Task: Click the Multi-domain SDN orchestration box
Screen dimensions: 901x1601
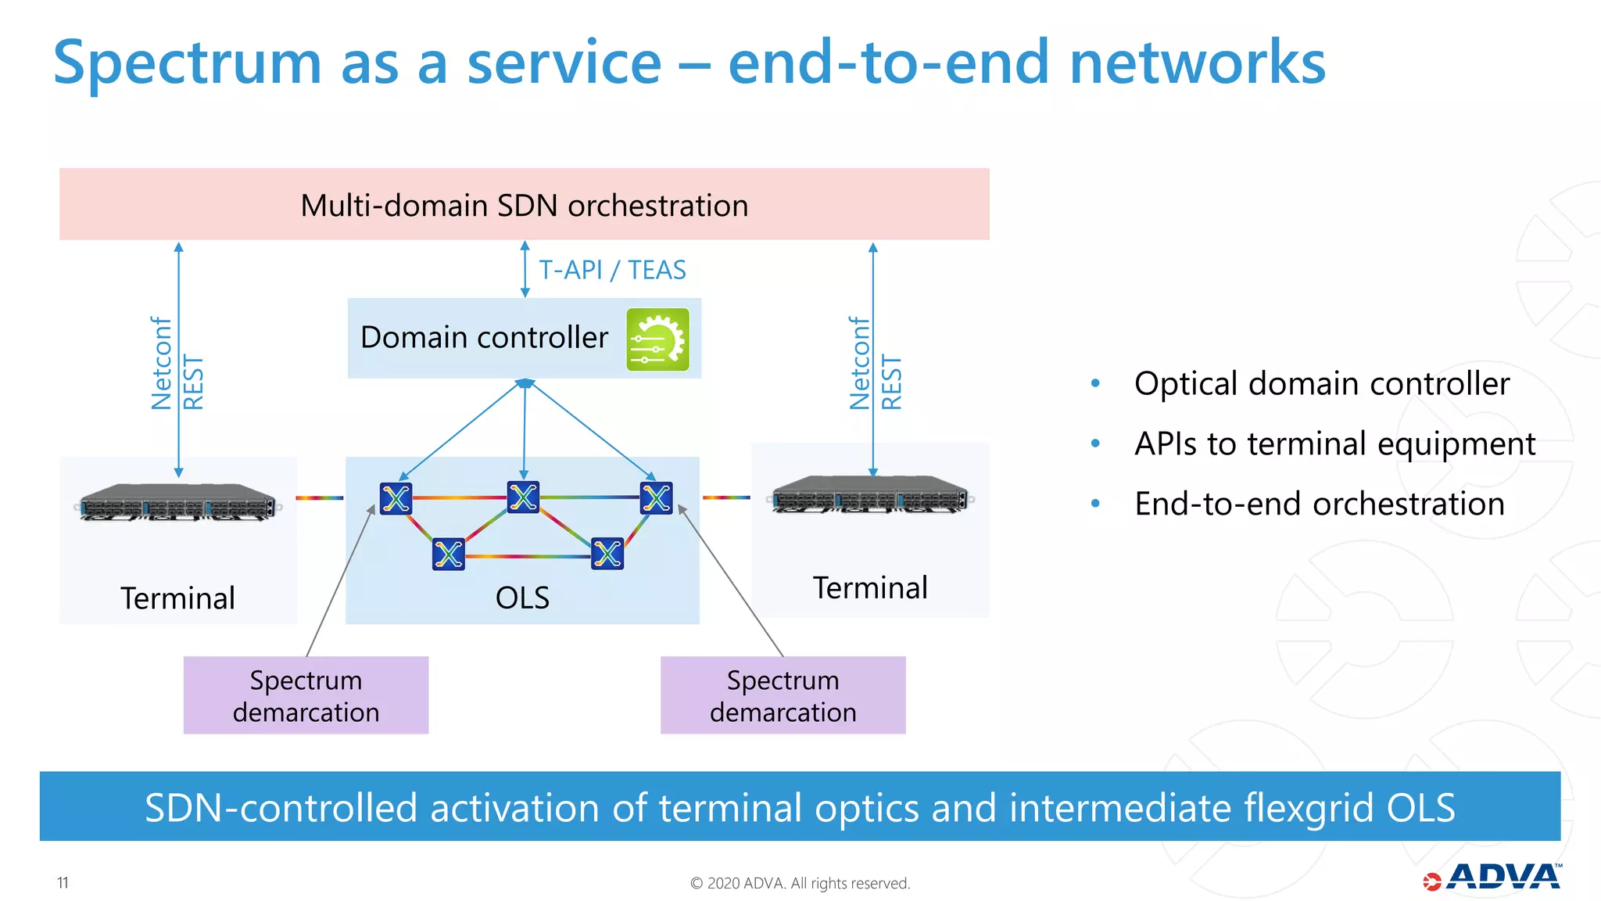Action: click(x=524, y=204)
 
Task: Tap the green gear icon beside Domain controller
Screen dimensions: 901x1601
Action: click(x=657, y=339)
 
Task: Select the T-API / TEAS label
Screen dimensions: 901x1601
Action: click(x=612, y=270)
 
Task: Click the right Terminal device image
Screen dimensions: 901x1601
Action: click(x=871, y=494)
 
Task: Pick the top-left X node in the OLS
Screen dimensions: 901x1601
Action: click(x=396, y=498)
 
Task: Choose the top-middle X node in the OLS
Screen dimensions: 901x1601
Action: click(x=523, y=497)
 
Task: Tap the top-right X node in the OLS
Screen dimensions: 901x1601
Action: click(x=656, y=497)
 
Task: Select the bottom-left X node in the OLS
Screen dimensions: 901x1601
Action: click(x=448, y=555)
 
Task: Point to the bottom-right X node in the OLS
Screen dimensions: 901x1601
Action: click(x=607, y=554)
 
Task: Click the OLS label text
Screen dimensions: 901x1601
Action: click(x=522, y=598)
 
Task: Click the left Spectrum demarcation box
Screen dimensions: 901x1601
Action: click(x=306, y=695)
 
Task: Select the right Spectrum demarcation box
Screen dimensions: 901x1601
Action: click(x=783, y=695)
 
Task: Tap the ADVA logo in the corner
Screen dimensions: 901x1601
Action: click(x=1493, y=878)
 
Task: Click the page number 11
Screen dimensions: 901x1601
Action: click(x=63, y=883)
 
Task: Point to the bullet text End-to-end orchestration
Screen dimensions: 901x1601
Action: click(x=1319, y=504)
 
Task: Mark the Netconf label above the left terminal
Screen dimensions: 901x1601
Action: click(x=161, y=364)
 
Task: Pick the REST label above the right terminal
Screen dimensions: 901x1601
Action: click(x=892, y=382)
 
